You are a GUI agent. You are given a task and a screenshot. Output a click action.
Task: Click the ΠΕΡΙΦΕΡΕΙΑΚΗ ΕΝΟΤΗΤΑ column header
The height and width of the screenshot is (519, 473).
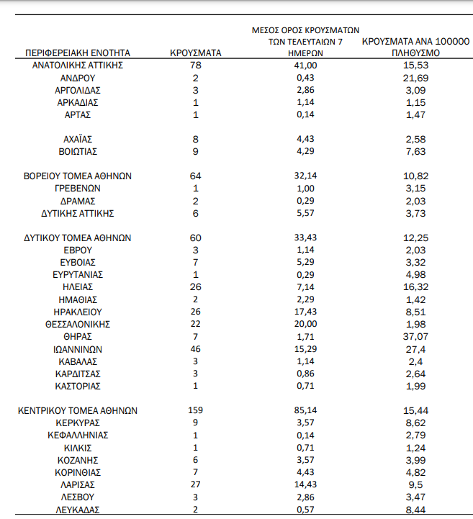pyautogui.click(x=78, y=53)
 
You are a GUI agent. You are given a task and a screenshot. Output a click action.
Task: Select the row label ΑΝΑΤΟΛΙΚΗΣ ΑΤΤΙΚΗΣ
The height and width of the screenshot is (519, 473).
pyautogui.click(x=78, y=66)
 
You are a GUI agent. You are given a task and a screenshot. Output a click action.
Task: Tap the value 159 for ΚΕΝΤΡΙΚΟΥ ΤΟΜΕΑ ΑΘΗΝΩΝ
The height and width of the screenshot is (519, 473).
pyautogui.click(x=195, y=411)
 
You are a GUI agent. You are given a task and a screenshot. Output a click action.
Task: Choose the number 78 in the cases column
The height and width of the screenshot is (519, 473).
pyautogui.click(x=195, y=66)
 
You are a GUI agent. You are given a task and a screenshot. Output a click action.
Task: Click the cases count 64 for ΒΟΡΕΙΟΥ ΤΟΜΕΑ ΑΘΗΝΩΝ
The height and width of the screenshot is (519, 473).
pyautogui.click(x=195, y=176)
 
